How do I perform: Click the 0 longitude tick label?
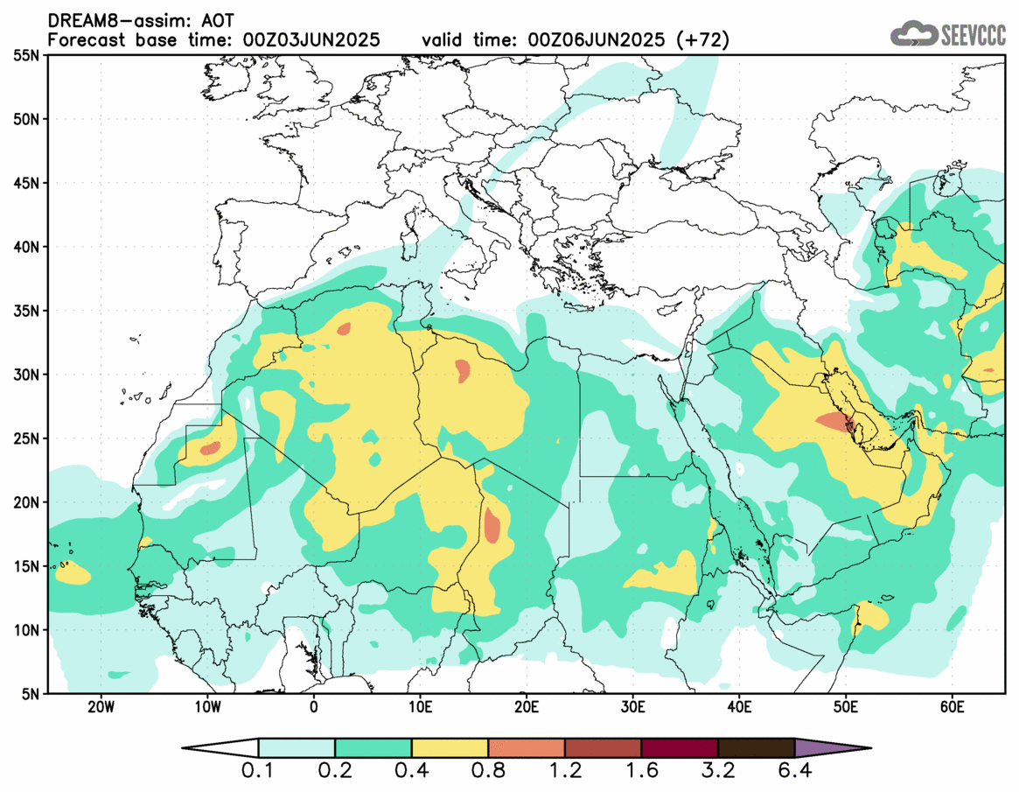(314, 706)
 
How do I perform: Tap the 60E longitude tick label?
(952, 706)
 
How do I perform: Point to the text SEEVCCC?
(974, 35)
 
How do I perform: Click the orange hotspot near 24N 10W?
(211, 449)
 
